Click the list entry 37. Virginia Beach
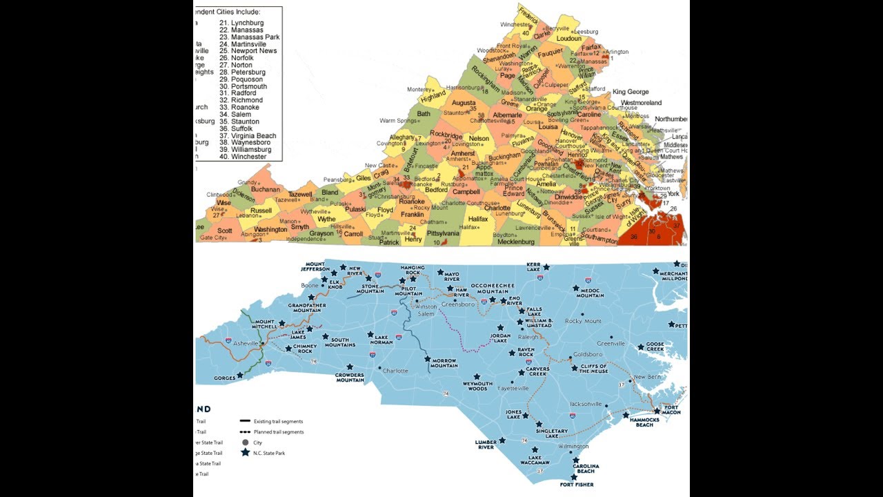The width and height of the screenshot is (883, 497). [x=248, y=135]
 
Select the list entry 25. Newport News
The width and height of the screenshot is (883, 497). [x=248, y=51]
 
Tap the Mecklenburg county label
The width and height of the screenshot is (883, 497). [x=516, y=242]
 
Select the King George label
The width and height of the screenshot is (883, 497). [x=631, y=92]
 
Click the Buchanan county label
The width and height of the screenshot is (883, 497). [x=266, y=189]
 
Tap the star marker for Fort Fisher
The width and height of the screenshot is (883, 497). [x=574, y=476]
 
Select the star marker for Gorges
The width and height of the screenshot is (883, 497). [x=240, y=376]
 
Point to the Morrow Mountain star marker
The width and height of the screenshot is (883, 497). [x=428, y=359]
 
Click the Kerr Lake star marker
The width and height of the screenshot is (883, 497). [x=546, y=267]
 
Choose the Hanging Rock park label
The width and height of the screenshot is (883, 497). [x=413, y=269]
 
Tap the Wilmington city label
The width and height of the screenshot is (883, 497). [x=574, y=447]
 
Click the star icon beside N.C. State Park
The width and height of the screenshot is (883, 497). [x=245, y=453]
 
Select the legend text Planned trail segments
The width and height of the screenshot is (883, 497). [x=279, y=432]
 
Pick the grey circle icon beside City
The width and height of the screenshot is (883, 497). [x=245, y=442]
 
